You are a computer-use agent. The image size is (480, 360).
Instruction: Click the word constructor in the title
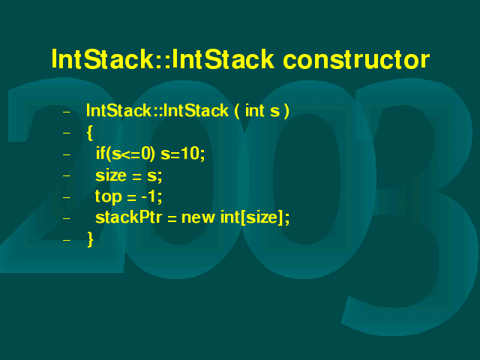(356, 59)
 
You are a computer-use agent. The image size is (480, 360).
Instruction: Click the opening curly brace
(90, 133)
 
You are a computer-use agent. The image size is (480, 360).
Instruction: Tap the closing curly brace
(90, 239)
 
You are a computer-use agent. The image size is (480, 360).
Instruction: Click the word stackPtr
(128, 217)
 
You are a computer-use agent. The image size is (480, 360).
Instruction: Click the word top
(108, 196)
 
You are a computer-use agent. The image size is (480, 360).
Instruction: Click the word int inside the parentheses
(255, 110)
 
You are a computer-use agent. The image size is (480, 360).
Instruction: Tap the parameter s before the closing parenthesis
(275, 112)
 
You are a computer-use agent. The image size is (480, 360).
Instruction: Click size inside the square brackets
(262, 217)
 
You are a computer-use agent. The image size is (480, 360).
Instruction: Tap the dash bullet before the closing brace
(67, 240)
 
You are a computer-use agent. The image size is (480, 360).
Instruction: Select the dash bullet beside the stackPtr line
(67, 218)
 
